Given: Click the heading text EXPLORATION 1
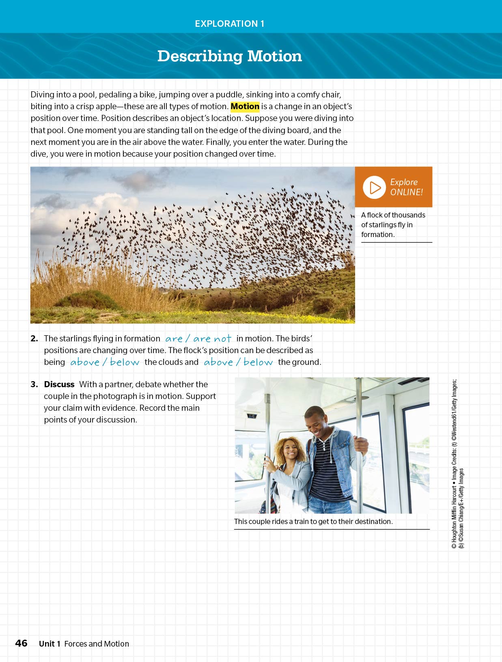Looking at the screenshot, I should coord(229,24).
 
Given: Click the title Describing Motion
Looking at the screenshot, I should coord(229,56).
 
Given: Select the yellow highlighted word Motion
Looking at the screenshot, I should coord(245,106).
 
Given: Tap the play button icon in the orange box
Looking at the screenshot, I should coord(374,187).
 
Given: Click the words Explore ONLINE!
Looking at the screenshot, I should coord(406,187).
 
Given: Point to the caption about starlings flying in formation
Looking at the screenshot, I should coord(393,224).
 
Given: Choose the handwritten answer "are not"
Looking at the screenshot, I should coord(212,339).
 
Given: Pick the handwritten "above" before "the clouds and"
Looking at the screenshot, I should coord(85,362).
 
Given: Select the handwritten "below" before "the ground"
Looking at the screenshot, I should coord(258,362).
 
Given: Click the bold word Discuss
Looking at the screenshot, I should coord(59,384).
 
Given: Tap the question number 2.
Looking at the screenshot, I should coord(34,339).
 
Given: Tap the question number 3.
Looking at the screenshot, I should coord(34,384).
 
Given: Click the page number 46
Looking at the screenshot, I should coord(21,643).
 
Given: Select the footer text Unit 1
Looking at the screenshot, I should coord(50,644).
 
